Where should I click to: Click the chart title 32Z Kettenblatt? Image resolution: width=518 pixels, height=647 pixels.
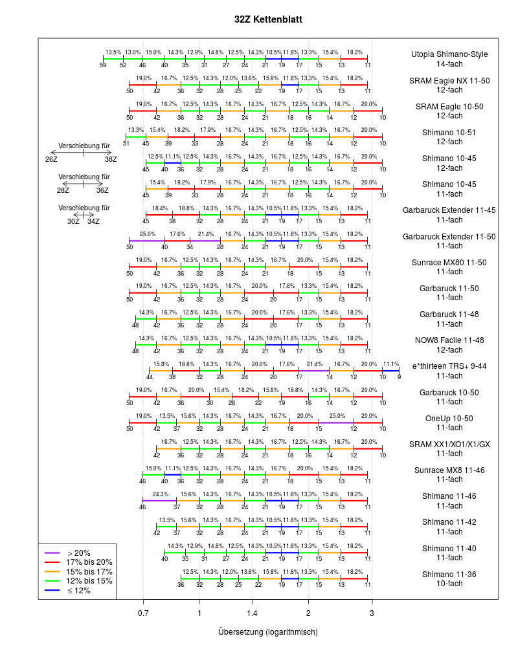click(268, 20)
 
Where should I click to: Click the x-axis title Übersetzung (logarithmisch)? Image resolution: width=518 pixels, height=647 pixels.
click(268, 631)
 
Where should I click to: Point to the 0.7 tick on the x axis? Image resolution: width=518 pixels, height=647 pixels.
click(143, 611)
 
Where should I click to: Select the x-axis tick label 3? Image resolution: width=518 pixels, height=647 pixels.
click(372, 611)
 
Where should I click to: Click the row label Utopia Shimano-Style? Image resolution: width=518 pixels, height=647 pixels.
click(449, 54)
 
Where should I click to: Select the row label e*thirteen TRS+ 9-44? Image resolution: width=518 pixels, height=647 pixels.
click(449, 366)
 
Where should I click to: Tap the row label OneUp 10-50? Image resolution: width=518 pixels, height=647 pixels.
click(449, 418)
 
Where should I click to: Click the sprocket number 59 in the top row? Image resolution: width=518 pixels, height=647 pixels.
click(104, 65)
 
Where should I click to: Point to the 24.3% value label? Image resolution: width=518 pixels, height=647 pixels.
click(160, 494)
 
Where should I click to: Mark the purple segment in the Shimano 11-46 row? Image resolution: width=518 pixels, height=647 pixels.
click(159, 500)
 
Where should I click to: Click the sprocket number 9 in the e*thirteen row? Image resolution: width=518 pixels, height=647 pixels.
click(399, 377)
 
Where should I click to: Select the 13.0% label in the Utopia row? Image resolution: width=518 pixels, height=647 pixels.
click(133, 52)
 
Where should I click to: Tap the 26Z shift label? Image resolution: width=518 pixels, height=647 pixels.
click(51, 159)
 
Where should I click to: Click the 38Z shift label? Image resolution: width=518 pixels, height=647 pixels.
click(111, 159)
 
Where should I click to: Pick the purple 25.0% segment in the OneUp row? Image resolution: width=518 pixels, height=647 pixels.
click(336, 422)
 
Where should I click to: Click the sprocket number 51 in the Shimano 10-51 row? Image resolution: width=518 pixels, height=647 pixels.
click(126, 143)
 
